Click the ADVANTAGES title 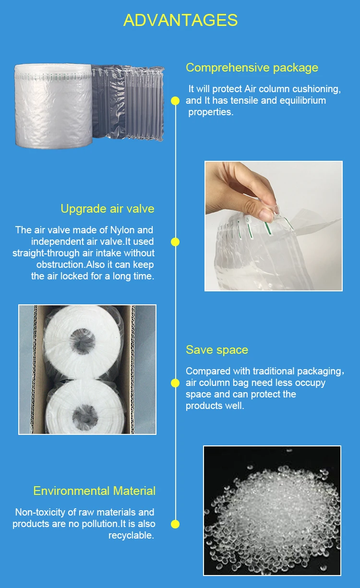point(180,20)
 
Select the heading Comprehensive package point(252,68)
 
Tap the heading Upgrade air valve point(108,209)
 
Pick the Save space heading point(217,350)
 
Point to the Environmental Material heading point(95,491)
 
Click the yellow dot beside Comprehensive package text point(175,101)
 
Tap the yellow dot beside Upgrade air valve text point(175,242)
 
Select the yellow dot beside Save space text point(175,383)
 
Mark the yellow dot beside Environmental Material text point(175,524)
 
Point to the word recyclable point(132,535)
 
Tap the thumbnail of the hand point(273,226)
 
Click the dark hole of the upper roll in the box point(83,341)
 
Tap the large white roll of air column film point(54,106)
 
